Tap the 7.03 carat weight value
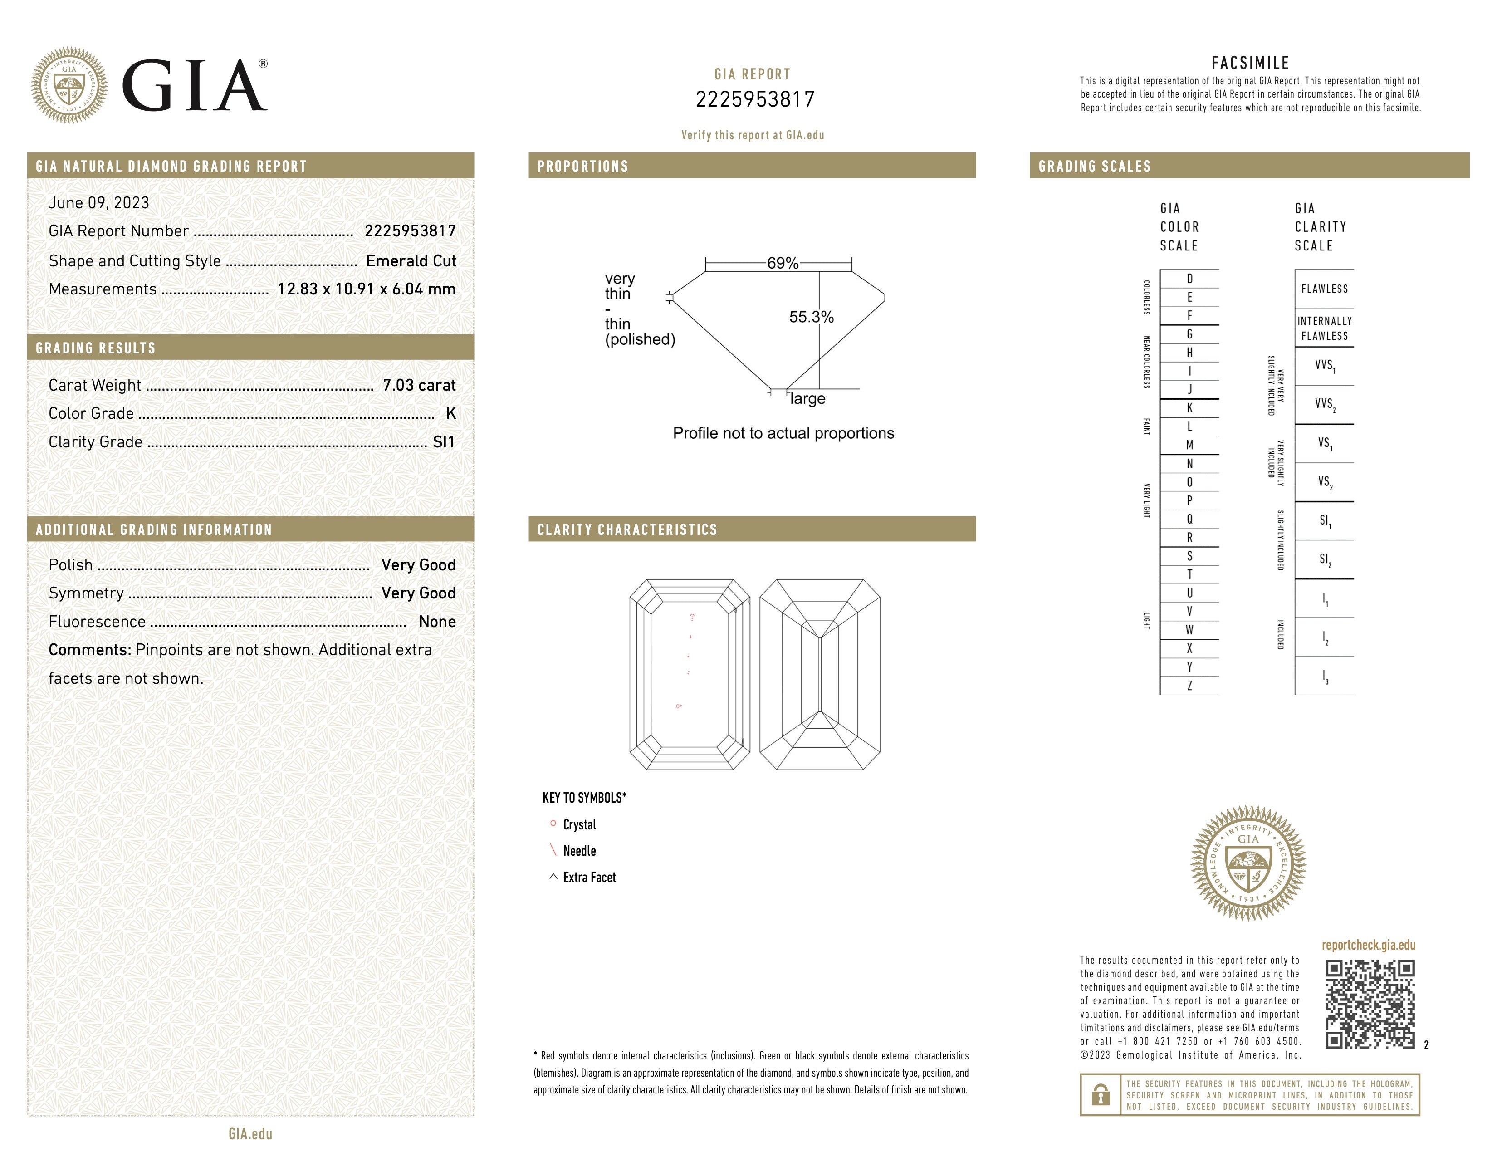click(419, 385)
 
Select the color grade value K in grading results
click(450, 413)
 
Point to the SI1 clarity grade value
click(444, 442)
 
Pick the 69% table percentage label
click(782, 263)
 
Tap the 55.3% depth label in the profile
click(811, 317)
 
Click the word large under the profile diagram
click(807, 399)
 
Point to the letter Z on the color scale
click(1189, 686)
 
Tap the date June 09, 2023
click(99, 203)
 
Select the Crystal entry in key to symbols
click(579, 824)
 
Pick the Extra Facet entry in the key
click(589, 878)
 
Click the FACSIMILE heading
click(1250, 63)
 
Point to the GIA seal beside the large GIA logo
click(69, 86)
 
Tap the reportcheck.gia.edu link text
click(1368, 945)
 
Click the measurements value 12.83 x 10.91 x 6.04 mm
click(366, 289)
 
